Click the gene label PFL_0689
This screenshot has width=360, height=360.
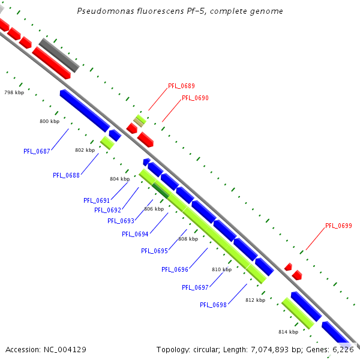[x=181, y=86]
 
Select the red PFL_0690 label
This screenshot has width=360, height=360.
[x=195, y=98]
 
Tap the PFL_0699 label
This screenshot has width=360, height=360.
[x=338, y=226]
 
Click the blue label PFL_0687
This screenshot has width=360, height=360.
[x=37, y=151]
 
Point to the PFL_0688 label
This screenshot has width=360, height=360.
[x=66, y=175]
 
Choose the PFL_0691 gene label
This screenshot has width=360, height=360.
[x=97, y=200]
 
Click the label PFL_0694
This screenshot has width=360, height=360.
[x=135, y=234]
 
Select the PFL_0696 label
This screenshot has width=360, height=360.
[x=175, y=269]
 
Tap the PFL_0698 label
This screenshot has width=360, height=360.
[x=213, y=305]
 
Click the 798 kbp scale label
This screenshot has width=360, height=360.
[x=14, y=92]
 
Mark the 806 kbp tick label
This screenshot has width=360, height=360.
[x=154, y=209]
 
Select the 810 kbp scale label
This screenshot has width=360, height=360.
[x=221, y=269]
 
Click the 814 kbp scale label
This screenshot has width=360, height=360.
[x=288, y=332]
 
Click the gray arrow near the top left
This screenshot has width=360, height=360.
[x=59, y=55]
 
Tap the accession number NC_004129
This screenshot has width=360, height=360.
[x=66, y=349]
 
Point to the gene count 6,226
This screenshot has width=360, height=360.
[x=344, y=349]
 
